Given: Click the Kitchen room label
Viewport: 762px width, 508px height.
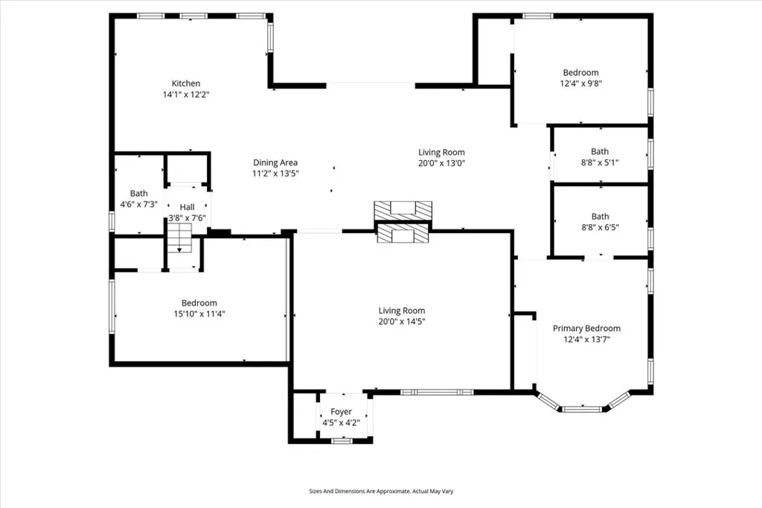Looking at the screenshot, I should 186,83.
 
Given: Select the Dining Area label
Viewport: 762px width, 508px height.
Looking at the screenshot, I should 275,162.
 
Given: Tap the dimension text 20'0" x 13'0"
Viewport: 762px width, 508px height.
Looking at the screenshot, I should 442,163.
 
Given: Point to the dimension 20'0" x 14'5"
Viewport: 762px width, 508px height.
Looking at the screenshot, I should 402,322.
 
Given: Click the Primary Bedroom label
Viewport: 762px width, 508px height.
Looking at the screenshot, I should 586,328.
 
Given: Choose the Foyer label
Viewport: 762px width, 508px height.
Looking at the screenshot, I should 341,412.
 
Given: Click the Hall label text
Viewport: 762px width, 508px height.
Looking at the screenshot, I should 187,207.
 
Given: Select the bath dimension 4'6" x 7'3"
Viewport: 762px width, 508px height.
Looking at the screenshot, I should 139,204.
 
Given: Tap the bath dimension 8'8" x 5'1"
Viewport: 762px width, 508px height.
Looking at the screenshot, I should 600,162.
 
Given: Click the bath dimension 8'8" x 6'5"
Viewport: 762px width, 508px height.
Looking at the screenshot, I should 600,227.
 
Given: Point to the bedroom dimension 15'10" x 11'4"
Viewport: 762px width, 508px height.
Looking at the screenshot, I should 199,314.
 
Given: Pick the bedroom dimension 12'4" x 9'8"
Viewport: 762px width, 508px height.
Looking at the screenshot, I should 580,83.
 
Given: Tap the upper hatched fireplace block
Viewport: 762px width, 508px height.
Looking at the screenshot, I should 403,210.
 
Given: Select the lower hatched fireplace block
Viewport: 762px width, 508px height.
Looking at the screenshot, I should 403,235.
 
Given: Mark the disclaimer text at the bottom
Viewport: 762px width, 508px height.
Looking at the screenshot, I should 381,492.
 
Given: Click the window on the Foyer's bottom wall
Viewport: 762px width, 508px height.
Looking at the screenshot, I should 342,441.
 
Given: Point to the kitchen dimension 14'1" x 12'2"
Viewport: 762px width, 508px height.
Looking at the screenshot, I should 186,95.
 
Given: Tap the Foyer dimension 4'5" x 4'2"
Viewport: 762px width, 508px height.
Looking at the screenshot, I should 341,423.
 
